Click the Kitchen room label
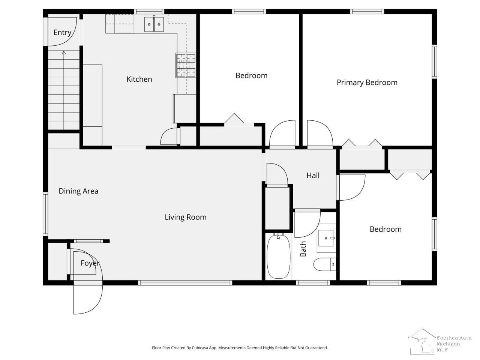139,79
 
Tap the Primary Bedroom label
367,82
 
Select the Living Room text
186,217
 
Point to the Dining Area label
78,191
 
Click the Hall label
313,175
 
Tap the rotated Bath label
303,249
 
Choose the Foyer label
90,263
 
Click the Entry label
62,33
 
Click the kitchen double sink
154,24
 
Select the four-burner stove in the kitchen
186,65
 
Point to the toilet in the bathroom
325,264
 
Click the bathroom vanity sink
326,238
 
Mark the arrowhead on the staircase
64,52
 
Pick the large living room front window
185,283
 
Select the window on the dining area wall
45,214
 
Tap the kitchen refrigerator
184,109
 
